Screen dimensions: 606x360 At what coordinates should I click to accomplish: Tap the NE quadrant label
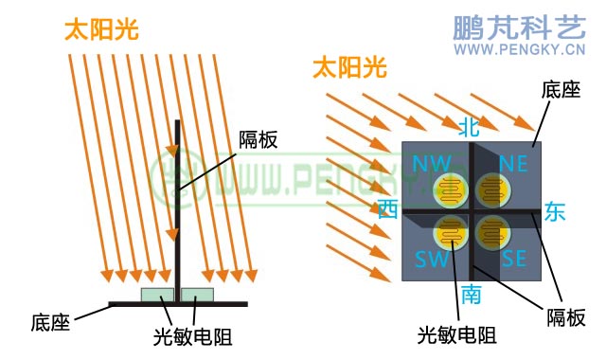coord(512,163)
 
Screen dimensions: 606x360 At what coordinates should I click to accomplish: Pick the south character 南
coord(471,295)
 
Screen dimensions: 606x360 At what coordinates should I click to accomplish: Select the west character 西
coord(387,209)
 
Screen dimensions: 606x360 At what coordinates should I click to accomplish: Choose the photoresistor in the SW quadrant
coord(452,232)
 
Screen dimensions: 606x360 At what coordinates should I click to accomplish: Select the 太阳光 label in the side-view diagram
coord(101,29)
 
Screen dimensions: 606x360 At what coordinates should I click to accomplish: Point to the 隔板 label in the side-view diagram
coord(258,139)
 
